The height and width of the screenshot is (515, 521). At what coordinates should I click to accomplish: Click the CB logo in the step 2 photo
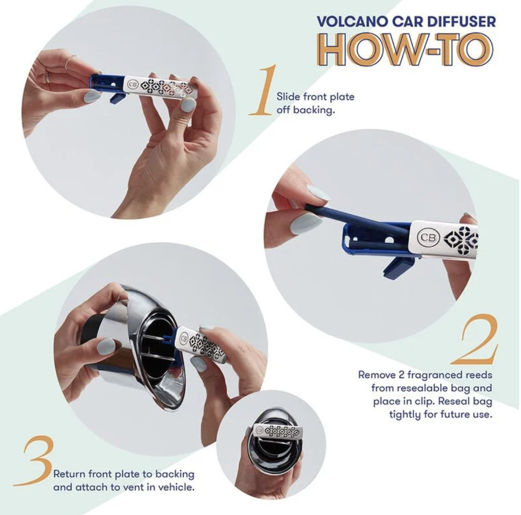click(428, 237)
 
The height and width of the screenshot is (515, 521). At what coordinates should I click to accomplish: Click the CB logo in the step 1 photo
click(132, 84)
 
